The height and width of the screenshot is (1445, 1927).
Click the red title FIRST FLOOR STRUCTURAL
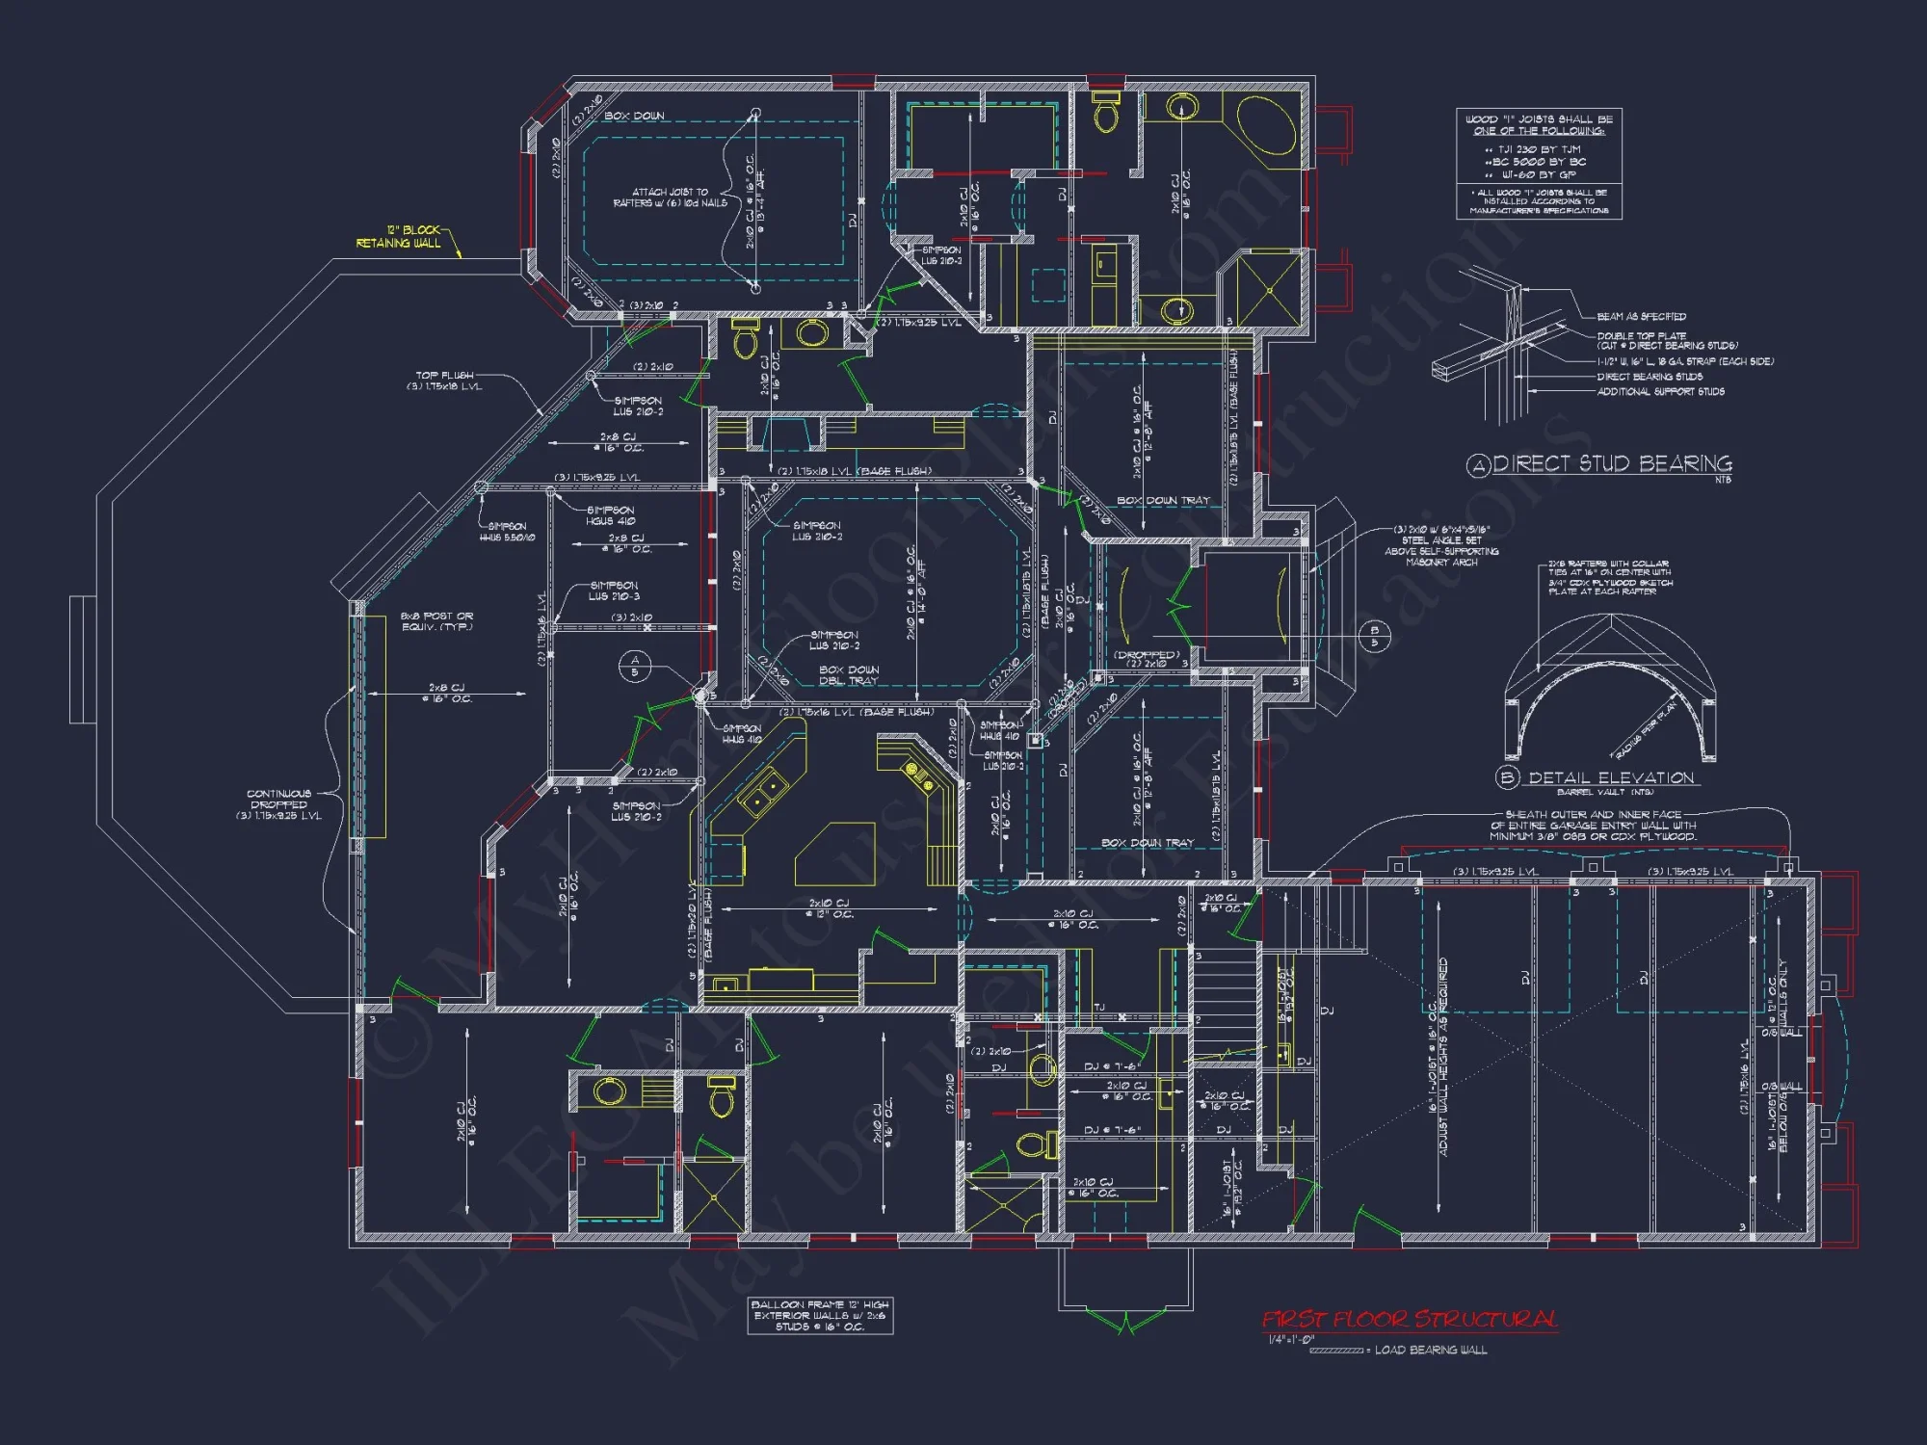click(x=1410, y=1319)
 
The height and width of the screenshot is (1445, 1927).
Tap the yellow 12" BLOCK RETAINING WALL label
click(x=399, y=237)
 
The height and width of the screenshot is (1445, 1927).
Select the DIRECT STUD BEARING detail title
click(x=1612, y=464)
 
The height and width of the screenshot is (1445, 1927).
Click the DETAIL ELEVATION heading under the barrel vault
click(x=1610, y=777)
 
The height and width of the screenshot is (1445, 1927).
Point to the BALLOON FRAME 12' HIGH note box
click(x=820, y=1316)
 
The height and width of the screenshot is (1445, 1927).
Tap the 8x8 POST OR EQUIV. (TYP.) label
click(x=436, y=621)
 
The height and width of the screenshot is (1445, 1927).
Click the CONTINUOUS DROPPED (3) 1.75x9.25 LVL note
click(x=278, y=804)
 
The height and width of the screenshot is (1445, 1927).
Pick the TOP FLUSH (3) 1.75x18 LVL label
click(x=444, y=381)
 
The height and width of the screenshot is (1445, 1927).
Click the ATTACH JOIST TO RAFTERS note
click(x=670, y=197)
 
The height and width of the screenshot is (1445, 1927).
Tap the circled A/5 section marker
click(x=634, y=666)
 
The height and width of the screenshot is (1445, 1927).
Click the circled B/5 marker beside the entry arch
click(x=1374, y=637)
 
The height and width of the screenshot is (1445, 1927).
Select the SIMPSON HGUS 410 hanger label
click(x=611, y=515)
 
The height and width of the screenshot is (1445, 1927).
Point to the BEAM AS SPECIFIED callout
click(x=1641, y=316)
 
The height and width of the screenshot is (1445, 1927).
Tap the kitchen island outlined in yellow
click(x=834, y=853)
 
